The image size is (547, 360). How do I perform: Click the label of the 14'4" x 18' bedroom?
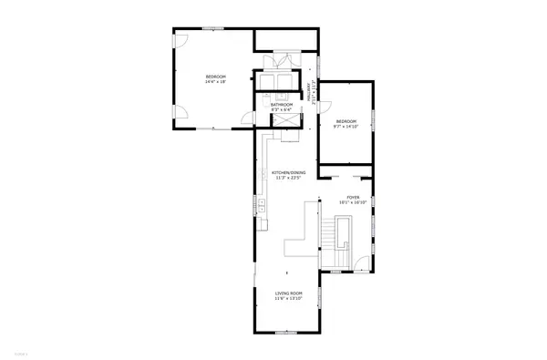[x=215, y=77]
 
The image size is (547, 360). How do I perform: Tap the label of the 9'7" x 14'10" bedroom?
[x=346, y=122]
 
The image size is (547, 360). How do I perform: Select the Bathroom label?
[x=282, y=106]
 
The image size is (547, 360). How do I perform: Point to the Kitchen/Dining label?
[x=287, y=172]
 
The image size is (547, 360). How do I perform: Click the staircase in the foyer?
[x=345, y=239]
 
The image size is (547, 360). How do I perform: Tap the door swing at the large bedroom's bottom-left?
[x=183, y=114]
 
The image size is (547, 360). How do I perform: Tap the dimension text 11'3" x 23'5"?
[x=287, y=178]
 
